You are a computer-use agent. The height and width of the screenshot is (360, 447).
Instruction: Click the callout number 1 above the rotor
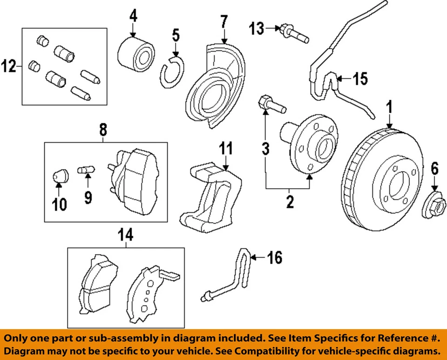pos(390,108)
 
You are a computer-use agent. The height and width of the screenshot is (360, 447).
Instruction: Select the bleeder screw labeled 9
pos(86,170)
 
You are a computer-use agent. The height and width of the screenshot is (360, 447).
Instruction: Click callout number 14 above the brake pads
pos(125,235)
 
